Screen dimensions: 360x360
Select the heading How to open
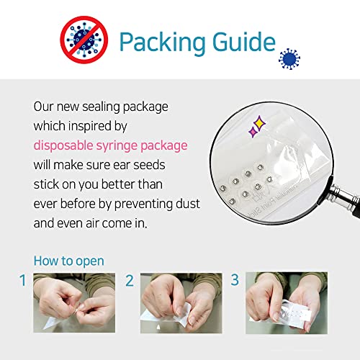[68, 261]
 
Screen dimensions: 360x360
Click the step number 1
[23, 280]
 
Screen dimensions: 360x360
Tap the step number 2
[130, 280]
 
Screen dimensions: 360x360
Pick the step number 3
[236, 280]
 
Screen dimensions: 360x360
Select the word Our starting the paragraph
[44, 106]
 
